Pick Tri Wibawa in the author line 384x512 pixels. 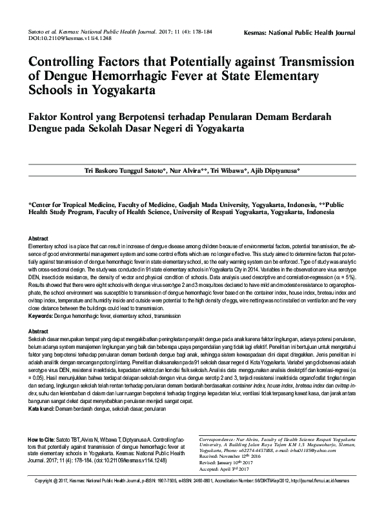point(228,170)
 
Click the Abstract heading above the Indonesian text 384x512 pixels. point(39,331)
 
